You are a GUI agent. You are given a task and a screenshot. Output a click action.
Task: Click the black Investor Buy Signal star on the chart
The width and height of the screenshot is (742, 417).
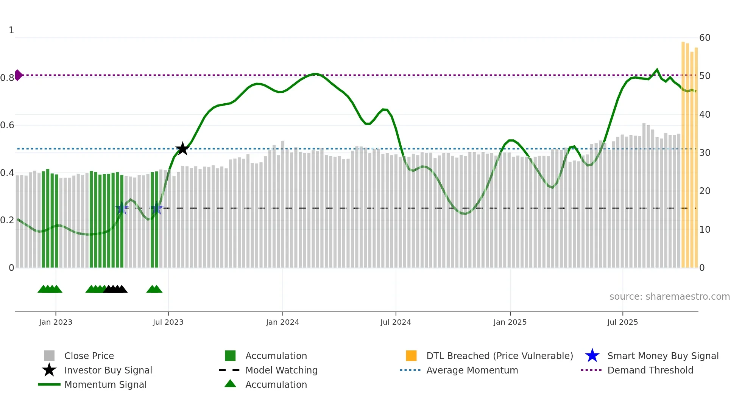[182, 149]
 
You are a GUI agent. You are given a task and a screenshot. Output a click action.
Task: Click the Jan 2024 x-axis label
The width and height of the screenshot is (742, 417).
[282, 322]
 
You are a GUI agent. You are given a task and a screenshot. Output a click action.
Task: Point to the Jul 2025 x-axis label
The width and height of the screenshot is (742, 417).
[622, 322]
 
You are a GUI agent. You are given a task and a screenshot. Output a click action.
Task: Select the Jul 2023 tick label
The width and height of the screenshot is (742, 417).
[168, 322]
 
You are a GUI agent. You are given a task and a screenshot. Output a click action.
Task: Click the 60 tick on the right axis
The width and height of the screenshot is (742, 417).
[705, 38]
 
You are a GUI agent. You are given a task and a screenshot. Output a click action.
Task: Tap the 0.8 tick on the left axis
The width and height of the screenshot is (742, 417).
[7, 78]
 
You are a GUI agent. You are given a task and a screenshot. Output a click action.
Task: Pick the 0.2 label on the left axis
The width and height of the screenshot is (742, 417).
[7, 220]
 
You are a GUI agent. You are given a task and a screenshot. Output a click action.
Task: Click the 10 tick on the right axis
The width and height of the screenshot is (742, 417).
[705, 230]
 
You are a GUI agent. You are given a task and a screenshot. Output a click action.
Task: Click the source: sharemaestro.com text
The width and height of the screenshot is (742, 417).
[669, 297]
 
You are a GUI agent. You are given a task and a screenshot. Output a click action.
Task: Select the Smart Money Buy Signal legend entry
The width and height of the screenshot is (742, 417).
[662, 356]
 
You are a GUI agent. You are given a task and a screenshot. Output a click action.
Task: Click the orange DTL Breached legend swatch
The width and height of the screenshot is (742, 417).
[411, 356]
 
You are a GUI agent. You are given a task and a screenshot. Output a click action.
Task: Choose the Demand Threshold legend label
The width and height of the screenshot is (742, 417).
[650, 370]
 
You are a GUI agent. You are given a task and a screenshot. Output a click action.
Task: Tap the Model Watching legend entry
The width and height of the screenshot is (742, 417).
[281, 370]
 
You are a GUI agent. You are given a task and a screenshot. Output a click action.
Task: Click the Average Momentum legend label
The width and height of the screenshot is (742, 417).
[472, 370]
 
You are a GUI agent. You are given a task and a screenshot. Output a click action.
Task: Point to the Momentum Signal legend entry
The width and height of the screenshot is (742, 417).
[105, 385]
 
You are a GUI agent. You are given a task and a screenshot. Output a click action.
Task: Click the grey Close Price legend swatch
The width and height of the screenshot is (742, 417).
[49, 356]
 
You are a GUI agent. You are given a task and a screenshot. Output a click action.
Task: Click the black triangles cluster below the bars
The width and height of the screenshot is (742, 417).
[115, 289]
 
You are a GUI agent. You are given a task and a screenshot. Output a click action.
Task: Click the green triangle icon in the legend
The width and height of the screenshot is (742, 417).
[230, 384]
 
